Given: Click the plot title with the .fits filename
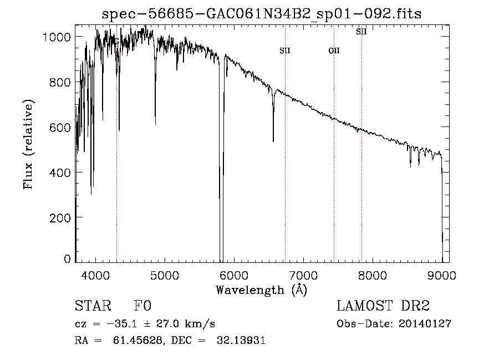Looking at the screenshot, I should tap(261, 14).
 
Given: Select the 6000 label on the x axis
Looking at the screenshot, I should tap(234, 275).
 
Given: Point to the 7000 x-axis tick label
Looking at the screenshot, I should tap(303, 275).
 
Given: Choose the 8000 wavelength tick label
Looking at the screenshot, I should tap(373, 275).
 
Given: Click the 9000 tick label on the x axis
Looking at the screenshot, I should tap(442, 275).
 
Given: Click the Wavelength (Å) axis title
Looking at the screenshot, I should tap(261, 290).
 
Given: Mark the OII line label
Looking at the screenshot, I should tap(334, 51).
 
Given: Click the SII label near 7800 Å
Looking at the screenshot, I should tap(361, 32).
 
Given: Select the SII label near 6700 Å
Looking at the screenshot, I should tap(285, 51).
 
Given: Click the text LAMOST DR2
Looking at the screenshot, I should tap(383, 306).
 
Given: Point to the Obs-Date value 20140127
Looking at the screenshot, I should tap(425, 324).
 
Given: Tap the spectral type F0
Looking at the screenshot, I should tap(142, 306).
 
